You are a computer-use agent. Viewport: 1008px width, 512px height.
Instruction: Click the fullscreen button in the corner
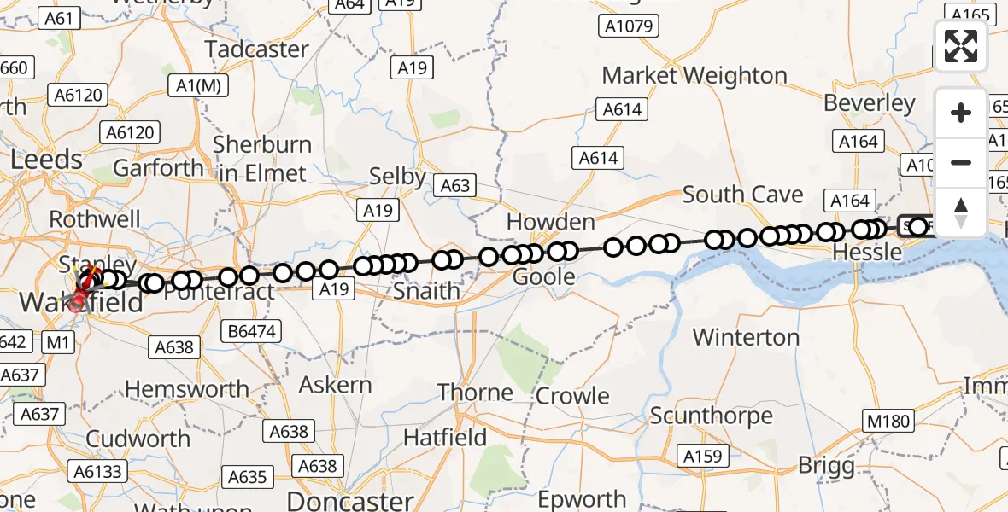(961, 46)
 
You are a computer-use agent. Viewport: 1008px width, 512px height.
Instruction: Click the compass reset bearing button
(961, 212)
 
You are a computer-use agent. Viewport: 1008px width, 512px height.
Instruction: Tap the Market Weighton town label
(694, 75)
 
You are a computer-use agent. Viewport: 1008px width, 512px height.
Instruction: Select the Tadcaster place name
(256, 49)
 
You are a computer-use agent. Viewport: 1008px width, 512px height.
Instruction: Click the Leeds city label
(47, 160)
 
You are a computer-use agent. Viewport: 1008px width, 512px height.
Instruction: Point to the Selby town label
(397, 177)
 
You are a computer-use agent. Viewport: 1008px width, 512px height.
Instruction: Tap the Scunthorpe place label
(712, 416)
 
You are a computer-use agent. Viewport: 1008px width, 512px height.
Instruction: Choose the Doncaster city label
(350, 499)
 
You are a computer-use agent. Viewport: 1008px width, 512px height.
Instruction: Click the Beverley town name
(870, 103)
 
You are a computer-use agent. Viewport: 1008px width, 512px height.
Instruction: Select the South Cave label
(743, 195)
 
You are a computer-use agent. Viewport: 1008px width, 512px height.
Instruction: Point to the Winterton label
(746, 337)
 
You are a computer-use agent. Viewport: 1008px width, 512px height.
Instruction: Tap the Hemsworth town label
(187, 390)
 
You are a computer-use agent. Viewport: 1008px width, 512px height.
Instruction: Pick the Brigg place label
(826, 466)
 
